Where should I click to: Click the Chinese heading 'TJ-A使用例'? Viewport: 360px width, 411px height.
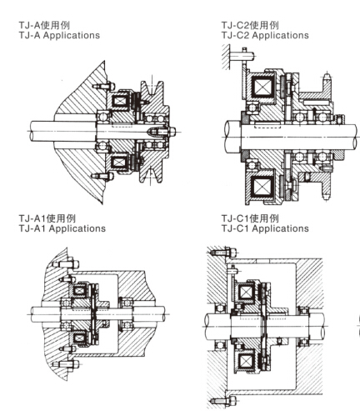[x=44, y=25]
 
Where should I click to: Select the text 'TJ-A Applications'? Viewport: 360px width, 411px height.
[x=59, y=35]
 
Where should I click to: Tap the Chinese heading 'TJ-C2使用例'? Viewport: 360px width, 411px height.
[x=250, y=25]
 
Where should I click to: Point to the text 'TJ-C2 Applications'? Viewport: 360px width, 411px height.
[x=265, y=35]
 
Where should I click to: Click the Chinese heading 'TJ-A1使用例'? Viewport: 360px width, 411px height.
[x=47, y=218]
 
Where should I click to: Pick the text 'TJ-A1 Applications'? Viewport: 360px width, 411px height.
[x=62, y=228]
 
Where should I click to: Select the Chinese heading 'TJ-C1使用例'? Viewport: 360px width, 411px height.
[x=250, y=218]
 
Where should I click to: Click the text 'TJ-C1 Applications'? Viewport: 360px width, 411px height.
[x=265, y=228]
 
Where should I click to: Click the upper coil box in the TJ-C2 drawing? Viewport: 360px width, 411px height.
[x=262, y=86]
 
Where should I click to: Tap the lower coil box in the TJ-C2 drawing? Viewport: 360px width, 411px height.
[x=262, y=186]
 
